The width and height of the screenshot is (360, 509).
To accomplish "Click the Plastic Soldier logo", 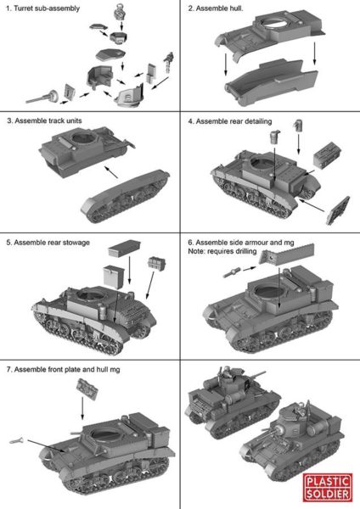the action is point(328,487).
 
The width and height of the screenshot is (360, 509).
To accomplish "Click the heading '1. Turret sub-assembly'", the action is point(43,8).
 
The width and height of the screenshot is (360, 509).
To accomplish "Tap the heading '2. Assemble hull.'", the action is point(216,8).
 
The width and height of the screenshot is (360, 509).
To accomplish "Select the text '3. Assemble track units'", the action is point(44,120).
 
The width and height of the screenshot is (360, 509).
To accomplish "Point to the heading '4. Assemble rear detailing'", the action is point(230,121).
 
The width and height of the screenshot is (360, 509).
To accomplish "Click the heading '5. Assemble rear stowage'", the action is point(48,243).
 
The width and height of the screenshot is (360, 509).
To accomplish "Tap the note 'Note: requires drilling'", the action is point(222,251).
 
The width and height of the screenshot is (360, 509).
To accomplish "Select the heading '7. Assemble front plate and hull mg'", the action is point(64,369).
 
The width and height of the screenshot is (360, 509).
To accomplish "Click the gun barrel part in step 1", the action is point(42,97).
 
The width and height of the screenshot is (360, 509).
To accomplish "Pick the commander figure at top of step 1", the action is point(120,10).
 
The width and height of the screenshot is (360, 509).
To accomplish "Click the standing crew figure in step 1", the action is point(168,62).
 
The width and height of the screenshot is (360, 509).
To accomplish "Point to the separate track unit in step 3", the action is point(125,196).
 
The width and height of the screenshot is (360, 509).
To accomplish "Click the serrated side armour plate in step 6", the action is point(287,254).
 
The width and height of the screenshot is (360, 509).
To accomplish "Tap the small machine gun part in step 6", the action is point(232,272).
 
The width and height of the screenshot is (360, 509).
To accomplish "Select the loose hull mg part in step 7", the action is point(17,440).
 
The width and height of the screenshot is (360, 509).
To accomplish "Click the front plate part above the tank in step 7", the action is point(87,389).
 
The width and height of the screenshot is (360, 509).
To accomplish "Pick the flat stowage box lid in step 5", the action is point(125,249).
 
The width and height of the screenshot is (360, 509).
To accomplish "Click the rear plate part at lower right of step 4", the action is point(338,210).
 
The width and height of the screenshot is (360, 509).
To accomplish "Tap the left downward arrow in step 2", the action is point(226,64).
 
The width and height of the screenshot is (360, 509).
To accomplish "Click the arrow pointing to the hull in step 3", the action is point(111,172).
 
